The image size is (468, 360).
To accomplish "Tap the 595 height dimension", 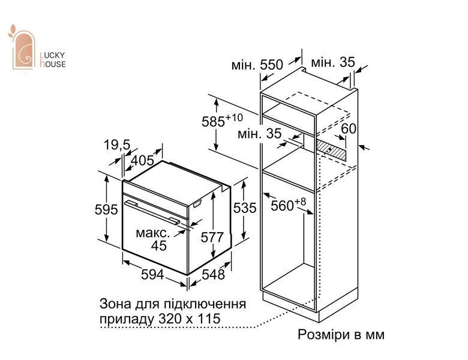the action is (106, 209).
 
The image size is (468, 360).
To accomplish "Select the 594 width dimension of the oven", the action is (152, 274).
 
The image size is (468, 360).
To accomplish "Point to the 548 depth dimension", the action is (213, 274).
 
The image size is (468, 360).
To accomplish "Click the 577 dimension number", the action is (212, 238).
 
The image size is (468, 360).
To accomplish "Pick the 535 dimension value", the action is (245, 208).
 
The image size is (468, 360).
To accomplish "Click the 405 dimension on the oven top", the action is (142, 160).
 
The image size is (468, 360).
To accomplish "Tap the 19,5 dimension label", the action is (117, 145).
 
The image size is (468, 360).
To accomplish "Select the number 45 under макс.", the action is (158, 245).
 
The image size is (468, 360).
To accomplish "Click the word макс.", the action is (153, 233).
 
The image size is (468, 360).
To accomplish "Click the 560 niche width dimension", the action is (289, 205).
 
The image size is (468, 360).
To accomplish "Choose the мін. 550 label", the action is (257, 65).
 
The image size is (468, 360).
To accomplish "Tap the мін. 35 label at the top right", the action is (333, 62).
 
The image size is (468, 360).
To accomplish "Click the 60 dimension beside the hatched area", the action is (349, 128).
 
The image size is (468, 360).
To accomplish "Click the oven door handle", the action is (152, 212).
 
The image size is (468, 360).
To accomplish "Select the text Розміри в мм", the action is (341, 335).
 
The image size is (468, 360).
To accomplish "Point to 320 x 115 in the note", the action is (189, 319).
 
